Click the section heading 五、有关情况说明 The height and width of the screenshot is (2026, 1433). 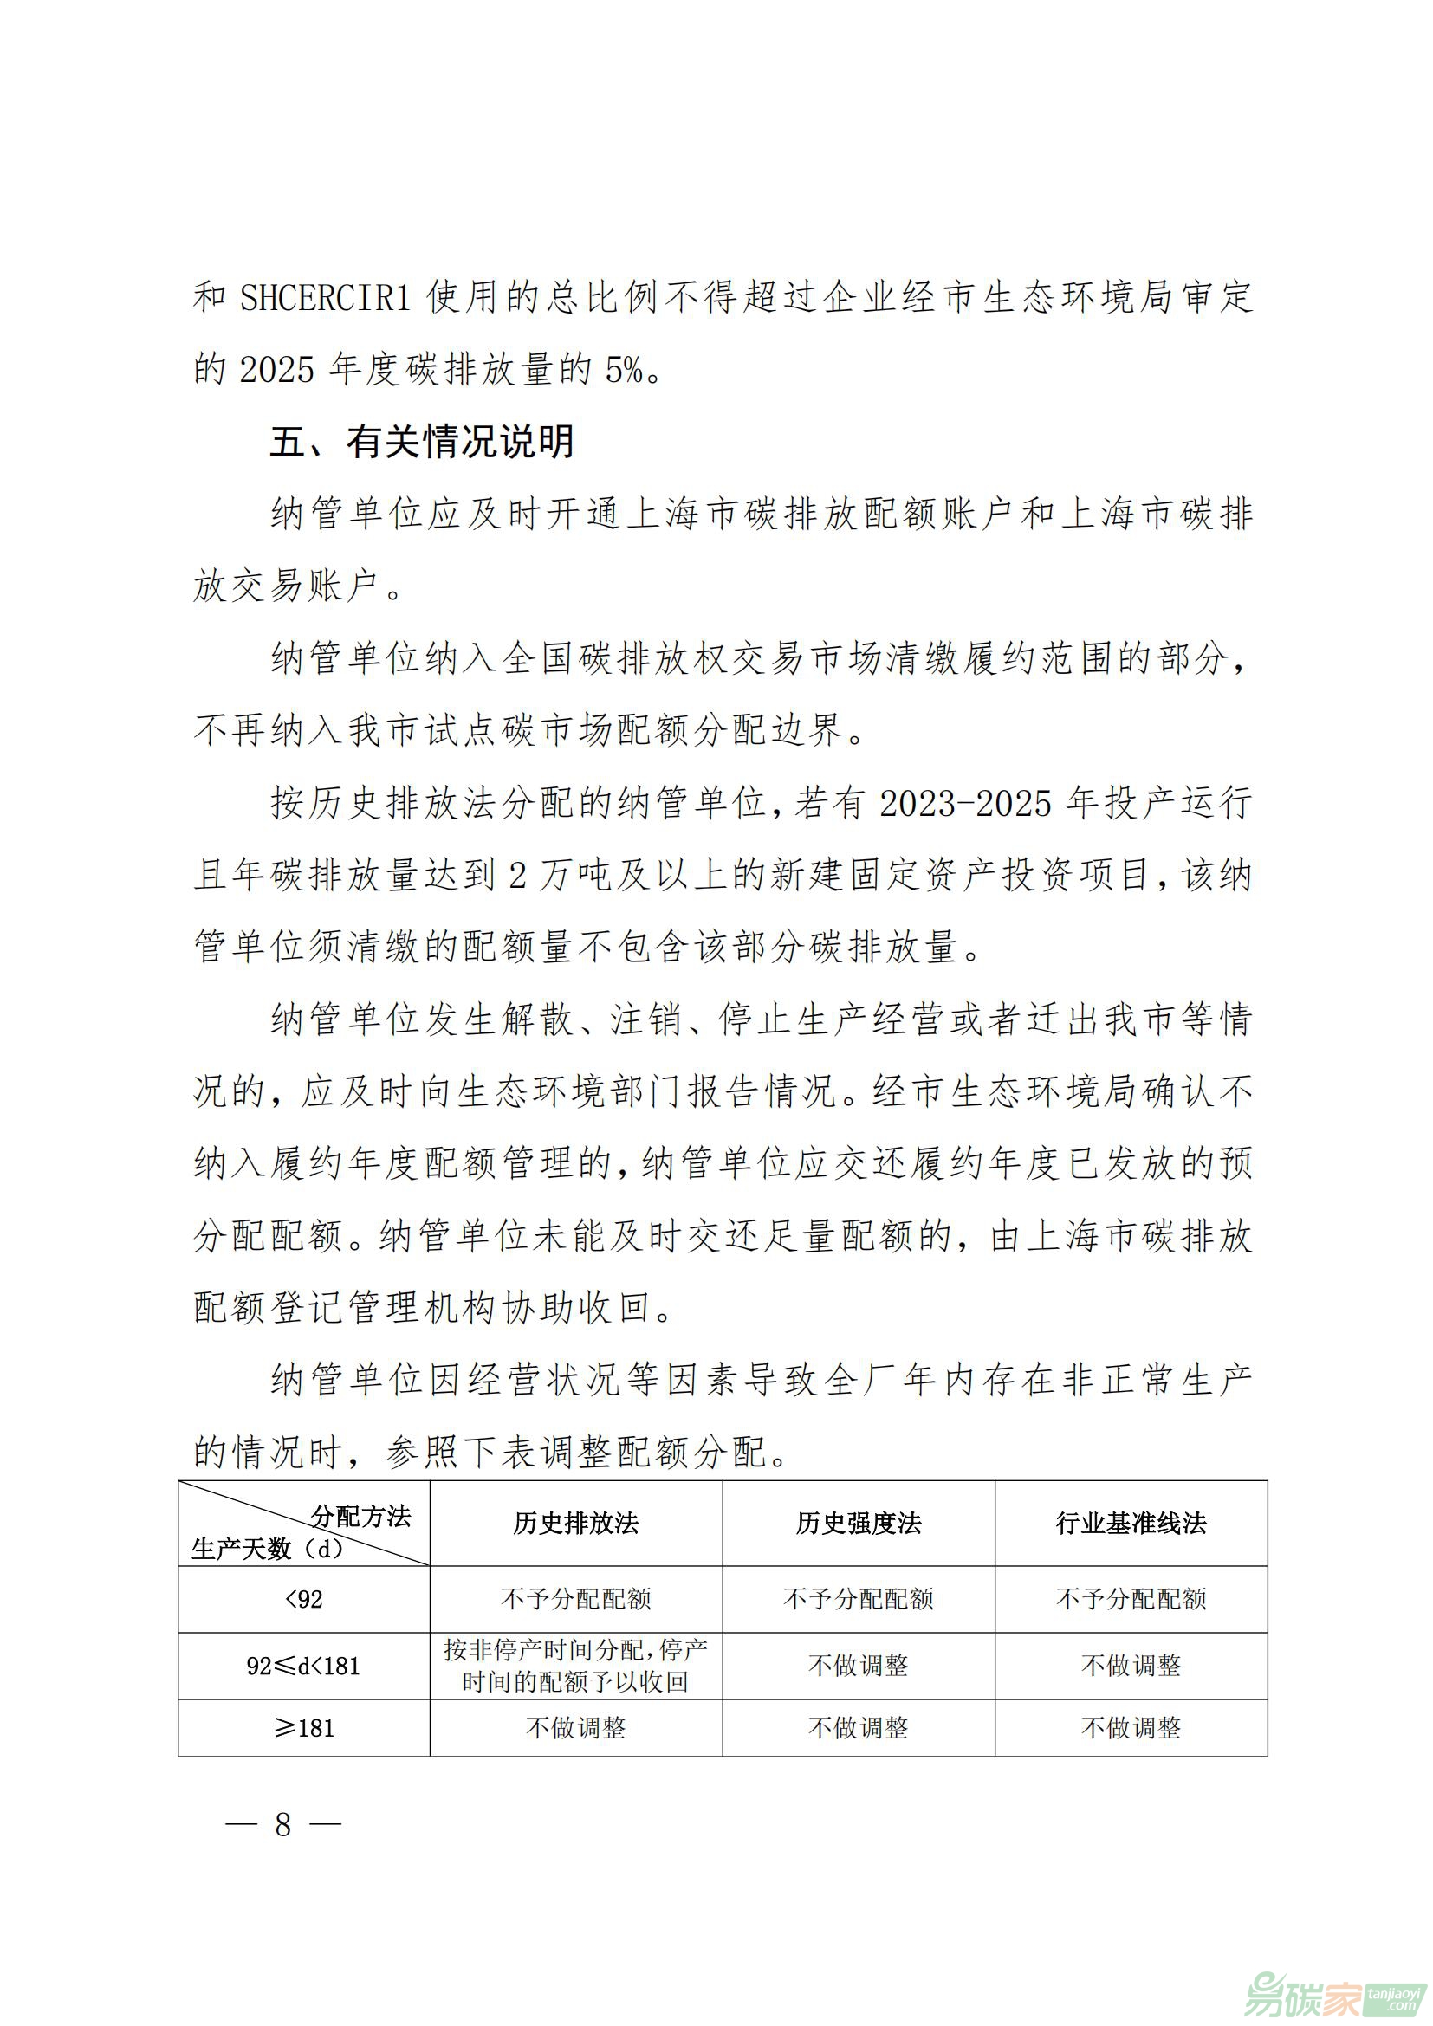coord(422,441)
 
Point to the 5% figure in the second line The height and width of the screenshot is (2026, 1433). coord(624,370)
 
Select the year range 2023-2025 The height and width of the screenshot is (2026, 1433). coord(966,803)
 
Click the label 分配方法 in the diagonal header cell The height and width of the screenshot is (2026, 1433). coord(361,1517)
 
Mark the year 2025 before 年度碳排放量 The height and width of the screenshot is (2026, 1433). coord(276,370)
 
